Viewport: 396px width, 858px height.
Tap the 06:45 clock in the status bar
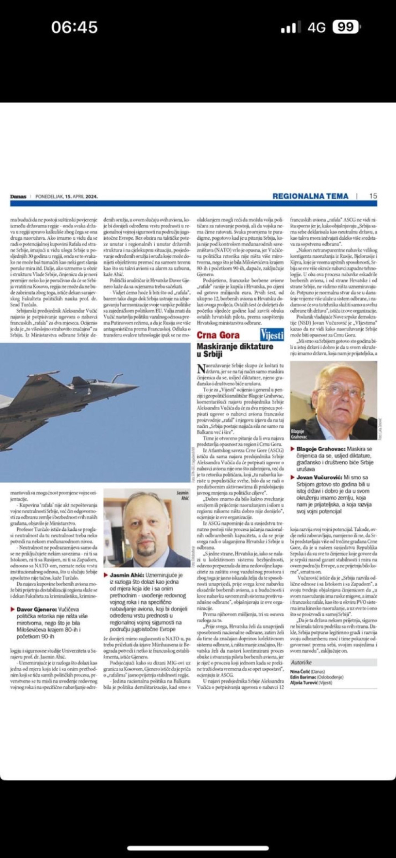point(74,27)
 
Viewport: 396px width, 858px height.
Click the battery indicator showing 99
point(345,27)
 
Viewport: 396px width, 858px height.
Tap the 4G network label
point(316,28)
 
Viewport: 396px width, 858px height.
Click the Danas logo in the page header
point(18,197)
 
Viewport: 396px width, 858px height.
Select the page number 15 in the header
point(373,196)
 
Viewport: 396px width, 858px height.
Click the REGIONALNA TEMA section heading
point(310,196)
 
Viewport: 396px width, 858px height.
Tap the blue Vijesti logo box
point(271,335)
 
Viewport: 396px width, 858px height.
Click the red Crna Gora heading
point(218,335)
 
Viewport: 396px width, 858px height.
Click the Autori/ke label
point(301,662)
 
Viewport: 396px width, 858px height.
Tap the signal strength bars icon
point(289,28)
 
